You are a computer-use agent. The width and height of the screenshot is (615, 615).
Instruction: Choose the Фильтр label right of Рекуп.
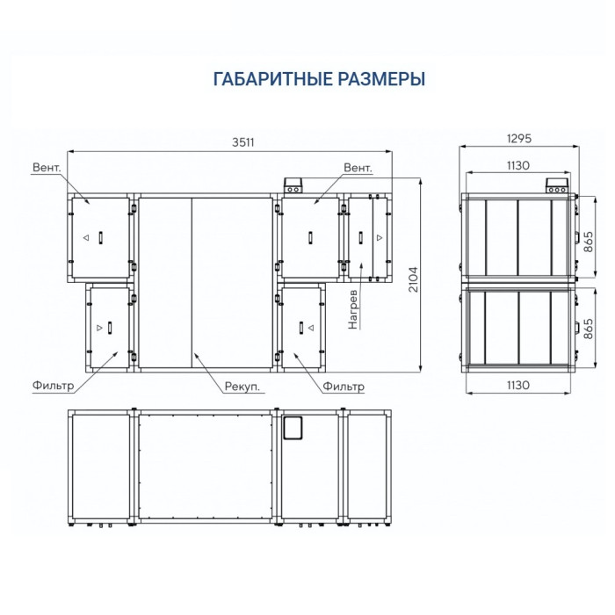pyautogui.click(x=344, y=386)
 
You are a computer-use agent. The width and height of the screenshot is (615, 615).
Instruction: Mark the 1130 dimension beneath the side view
pyautogui.click(x=519, y=384)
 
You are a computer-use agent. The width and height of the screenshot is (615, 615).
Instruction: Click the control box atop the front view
pyautogui.click(x=293, y=186)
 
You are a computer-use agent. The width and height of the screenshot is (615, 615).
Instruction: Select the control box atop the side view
pyautogui.click(x=556, y=186)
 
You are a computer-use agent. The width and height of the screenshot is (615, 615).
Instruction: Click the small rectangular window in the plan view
pyautogui.click(x=293, y=428)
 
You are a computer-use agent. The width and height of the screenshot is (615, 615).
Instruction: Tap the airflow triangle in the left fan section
pyautogui.click(x=85, y=239)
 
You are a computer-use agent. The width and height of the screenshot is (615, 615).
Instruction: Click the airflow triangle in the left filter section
pyautogui.click(x=98, y=328)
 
